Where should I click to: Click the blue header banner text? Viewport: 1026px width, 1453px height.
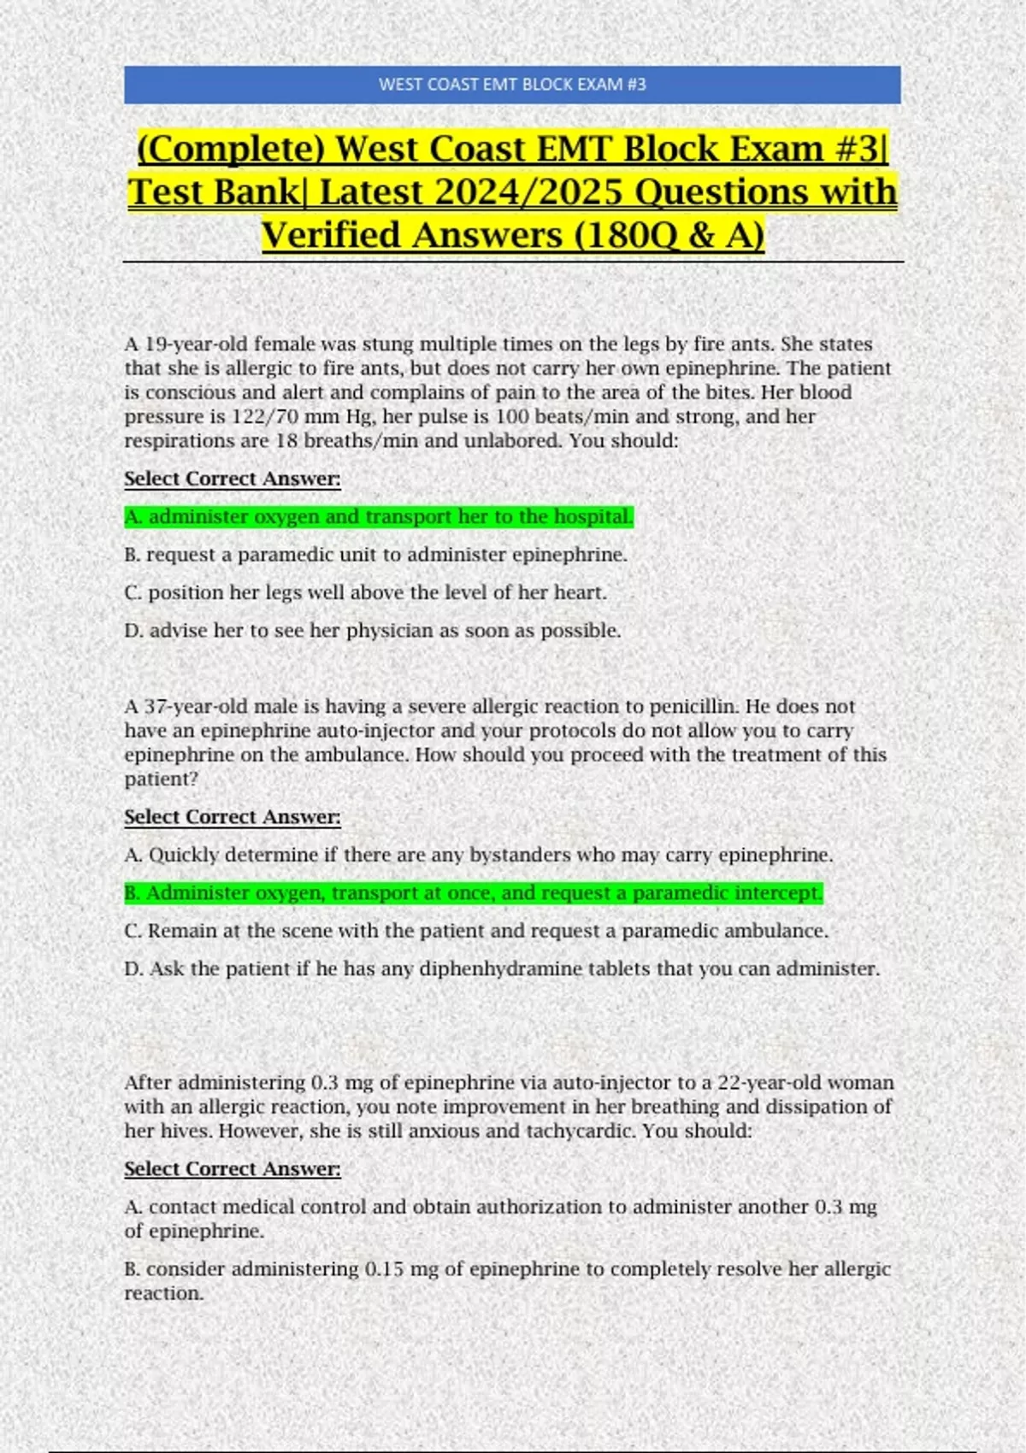(x=512, y=85)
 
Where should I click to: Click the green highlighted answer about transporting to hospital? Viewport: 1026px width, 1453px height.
(x=379, y=517)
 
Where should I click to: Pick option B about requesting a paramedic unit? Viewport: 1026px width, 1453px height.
(x=376, y=555)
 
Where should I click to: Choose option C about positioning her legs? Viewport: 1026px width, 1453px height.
(x=366, y=592)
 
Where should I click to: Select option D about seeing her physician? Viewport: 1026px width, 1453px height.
(x=373, y=631)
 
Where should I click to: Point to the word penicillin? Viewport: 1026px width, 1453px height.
(x=693, y=707)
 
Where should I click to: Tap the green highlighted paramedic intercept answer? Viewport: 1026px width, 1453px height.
(x=474, y=893)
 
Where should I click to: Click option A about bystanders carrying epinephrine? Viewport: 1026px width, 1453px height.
(x=479, y=855)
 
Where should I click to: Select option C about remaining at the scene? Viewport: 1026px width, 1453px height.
(x=476, y=931)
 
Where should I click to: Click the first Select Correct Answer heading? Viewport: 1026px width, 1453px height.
(x=233, y=479)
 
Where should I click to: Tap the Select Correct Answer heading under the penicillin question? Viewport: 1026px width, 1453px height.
(x=233, y=817)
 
